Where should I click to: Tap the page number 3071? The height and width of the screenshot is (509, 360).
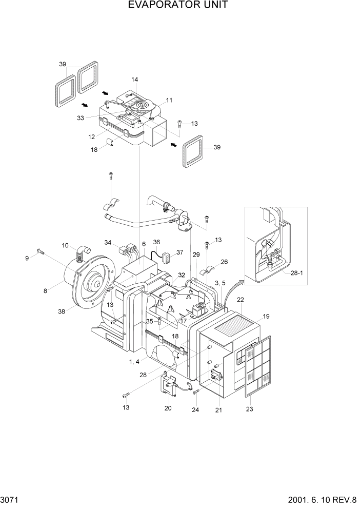tap(10, 499)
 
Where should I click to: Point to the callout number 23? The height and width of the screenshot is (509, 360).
tap(249, 409)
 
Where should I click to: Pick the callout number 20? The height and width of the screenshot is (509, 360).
tap(168, 408)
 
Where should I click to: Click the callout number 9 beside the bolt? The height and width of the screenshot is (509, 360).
tap(27, 258)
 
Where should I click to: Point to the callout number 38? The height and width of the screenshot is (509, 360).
tap(63, 311)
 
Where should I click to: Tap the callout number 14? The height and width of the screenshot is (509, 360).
tap(134, 80)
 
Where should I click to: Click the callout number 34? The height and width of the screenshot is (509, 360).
tap(108, 242)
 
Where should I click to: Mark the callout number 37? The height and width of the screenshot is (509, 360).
tap(179, 252)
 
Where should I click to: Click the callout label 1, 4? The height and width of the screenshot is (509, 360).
tap(134, 362)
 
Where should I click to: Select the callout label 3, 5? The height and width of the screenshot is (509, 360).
tap(220, 283)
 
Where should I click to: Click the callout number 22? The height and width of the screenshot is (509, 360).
tap(239, 300)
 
